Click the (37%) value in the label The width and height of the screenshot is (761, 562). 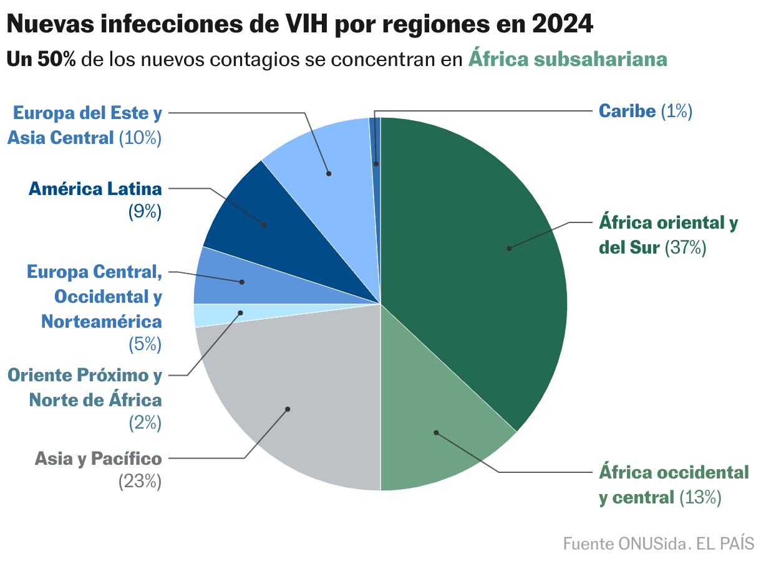(685, 247)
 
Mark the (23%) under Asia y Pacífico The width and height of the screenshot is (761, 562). (140, 482)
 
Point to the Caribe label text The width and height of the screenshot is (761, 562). (627, 111)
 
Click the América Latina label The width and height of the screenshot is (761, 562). (95, 188)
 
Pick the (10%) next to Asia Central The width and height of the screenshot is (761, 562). (140, 138)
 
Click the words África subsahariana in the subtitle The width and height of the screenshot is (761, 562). (568, 59)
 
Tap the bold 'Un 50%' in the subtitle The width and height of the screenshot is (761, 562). (41, 59)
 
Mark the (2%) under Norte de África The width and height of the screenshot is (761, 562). (145, 423)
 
